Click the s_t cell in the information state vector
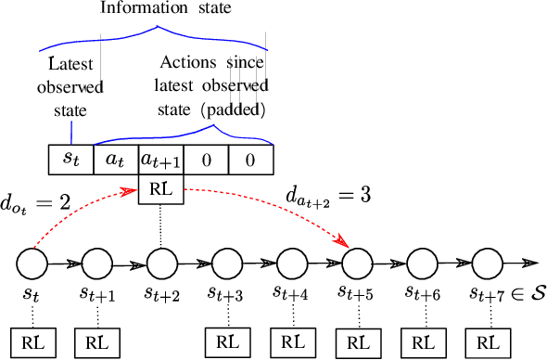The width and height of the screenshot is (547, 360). coord(70,159)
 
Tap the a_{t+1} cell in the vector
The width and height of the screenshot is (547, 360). coord(161,159)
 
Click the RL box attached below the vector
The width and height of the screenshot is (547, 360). coord(161,191)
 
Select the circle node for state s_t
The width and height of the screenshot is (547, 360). coord(32,264)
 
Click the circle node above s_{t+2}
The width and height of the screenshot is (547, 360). coord(161,264)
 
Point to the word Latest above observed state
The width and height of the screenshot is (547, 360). coord(70,64)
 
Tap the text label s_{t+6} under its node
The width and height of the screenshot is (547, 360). coord(422,293)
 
